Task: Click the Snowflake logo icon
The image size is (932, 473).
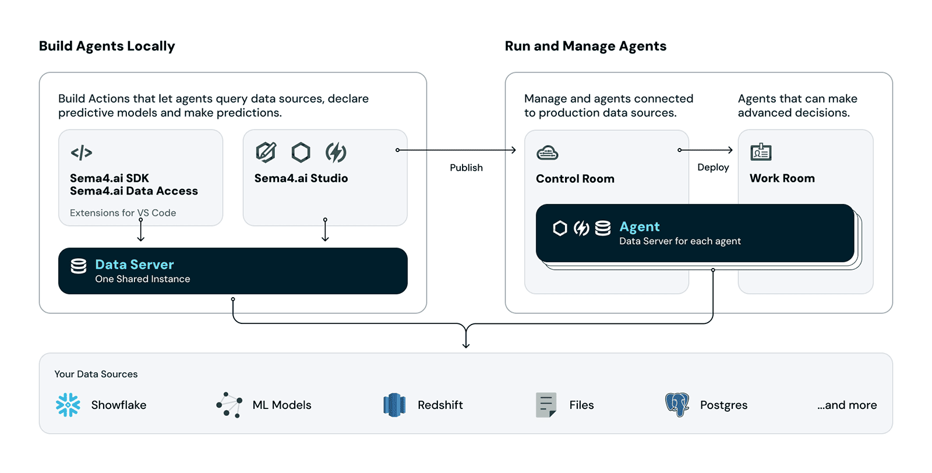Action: point(68,405)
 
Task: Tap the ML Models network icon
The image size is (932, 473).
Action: point(230,405)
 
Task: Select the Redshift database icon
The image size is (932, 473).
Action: point(394,405)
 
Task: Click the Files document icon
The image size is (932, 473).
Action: point(546,405)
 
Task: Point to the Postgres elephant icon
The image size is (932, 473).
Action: point(677,405)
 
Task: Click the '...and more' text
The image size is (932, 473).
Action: point(846,405)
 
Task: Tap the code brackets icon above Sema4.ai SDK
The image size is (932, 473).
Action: point(82,153)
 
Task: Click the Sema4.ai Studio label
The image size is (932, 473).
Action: point(301,178)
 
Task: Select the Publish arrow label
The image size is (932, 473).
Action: point(466,168)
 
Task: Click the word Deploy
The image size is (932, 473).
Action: point(713,167)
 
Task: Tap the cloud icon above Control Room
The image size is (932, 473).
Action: point(547,153)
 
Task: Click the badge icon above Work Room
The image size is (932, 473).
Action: point(761,152)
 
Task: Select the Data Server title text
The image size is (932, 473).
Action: point(135,264)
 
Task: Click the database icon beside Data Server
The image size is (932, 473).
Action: point(79,266)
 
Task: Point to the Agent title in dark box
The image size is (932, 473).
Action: point(640,227)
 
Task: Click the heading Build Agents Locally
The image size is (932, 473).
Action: point(107,46)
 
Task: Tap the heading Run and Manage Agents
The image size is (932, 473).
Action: point(585,46)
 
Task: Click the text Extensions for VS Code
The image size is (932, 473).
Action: point(123,213)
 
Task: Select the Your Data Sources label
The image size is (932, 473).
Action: point(96,374)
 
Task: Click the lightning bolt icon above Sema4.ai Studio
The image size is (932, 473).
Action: point(336,152)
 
